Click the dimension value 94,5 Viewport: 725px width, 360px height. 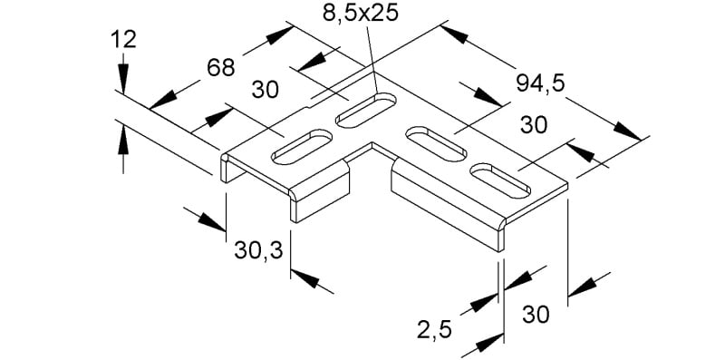click(x=540, y=83)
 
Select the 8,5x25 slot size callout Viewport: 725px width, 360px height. click(x=360, y=14)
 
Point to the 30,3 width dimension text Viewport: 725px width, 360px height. click(x=258, y=251)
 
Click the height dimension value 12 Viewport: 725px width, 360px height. click(x=123, y=40)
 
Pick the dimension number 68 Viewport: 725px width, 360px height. click(x=221, y=69)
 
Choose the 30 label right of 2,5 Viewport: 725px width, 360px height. click(x=536, y=316)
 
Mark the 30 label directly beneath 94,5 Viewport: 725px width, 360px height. click(x=534, y=125)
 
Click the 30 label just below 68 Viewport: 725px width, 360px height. click(x=266, y=90)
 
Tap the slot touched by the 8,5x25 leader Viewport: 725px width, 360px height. click(x=366, y=110)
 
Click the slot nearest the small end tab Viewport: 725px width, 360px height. click(x=302, y=147)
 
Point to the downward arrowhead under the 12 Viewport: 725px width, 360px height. click(x=123, y=74)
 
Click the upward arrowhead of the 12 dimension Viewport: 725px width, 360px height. click(x=123, y=139)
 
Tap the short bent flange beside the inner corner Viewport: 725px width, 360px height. click(x=320, y=190)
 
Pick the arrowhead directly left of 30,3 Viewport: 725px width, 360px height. click(x=211, y=222)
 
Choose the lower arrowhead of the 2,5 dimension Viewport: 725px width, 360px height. click(x=488, y=343)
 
